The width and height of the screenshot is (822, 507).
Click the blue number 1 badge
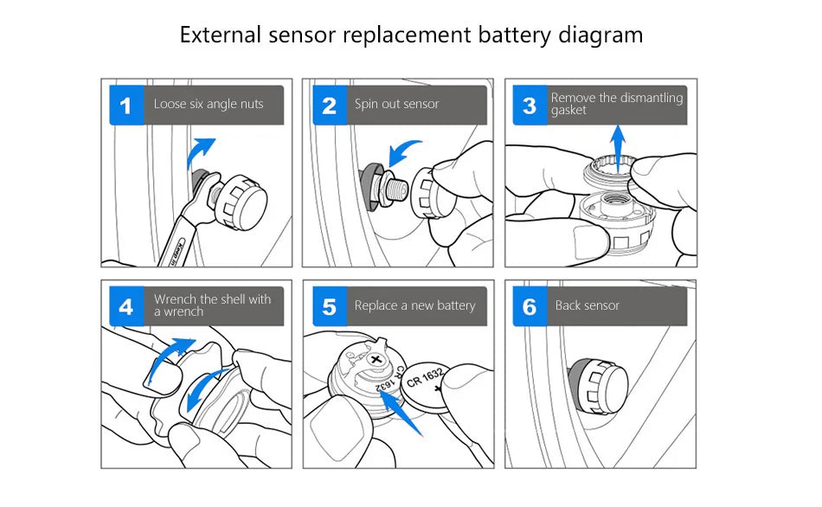point(126,106)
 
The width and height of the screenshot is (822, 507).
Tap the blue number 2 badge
point(329,106)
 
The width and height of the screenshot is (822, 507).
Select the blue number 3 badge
point(530,106)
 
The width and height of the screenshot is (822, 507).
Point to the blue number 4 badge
point(126,306)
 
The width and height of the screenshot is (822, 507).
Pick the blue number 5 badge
point(329,306)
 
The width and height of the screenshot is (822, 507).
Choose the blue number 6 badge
point(530,306)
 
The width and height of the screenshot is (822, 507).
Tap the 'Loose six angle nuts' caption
point(208,104)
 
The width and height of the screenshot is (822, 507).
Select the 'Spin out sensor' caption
point(396,104)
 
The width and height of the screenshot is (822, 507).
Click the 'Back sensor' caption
point(587,305)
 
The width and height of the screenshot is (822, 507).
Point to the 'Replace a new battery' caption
point(414,305)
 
